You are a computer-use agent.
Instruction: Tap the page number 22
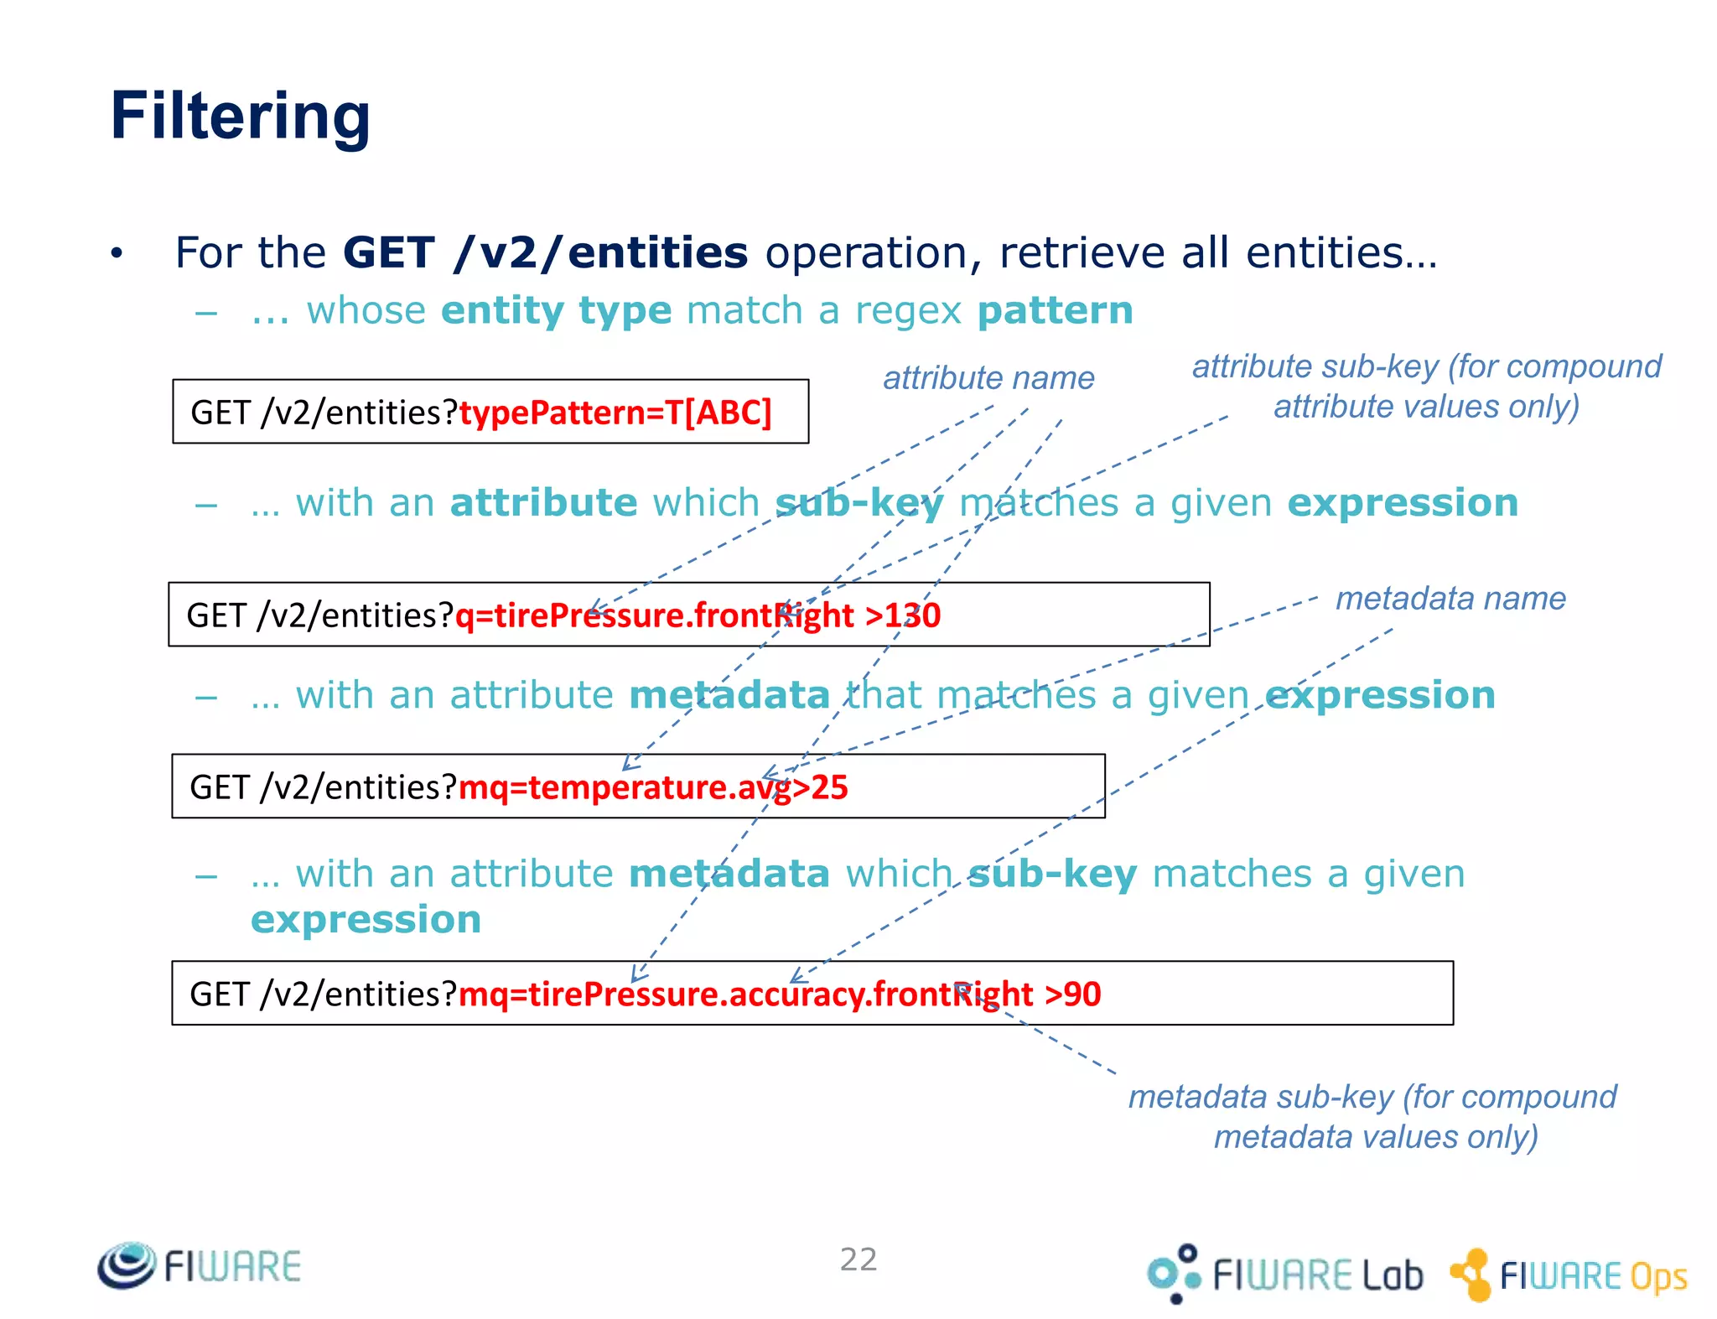[858, 1259]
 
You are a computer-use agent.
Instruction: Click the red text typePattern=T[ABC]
[615, 413]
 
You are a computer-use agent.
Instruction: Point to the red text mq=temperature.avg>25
[653, 787]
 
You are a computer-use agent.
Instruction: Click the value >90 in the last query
[1073, 994]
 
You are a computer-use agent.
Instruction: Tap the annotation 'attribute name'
[988, 378]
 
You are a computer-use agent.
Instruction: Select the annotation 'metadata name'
[1450, 599]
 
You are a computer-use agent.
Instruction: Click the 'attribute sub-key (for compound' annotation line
[1426, 366]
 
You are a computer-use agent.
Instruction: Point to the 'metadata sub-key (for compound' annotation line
[1372, 1097]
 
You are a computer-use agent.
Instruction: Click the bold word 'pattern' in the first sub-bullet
[1056, 311]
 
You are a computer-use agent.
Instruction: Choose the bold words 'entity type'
[556, 311]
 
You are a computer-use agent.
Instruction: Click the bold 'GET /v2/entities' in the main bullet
[545, 252]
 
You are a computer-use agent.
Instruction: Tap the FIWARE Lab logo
[1284, 1274]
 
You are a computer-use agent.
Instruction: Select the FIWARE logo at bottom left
[199, 1265]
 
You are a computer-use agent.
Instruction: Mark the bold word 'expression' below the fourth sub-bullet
[366, 920]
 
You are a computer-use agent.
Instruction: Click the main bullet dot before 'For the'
[117, 252]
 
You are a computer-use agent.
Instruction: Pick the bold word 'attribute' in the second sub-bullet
[543, 503]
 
